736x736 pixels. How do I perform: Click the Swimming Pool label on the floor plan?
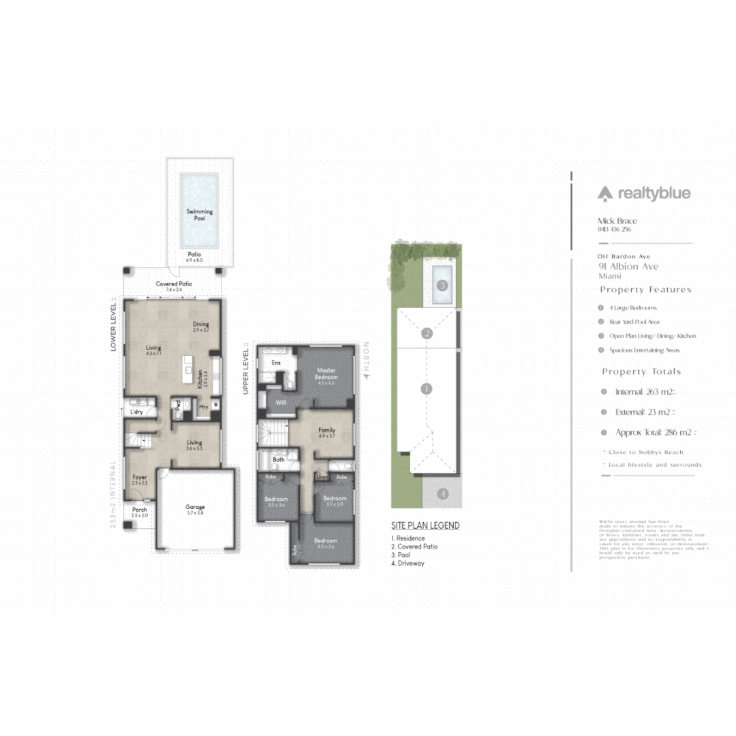pos(199,211)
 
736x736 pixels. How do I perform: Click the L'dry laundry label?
pos(136,412)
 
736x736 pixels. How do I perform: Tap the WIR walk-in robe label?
pos(280,403)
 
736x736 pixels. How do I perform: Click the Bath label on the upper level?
pos(279,460)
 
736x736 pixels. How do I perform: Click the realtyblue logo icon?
pos(605,194)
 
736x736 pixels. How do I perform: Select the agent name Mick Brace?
pos(617,221)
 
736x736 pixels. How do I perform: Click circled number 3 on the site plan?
pos(442,285)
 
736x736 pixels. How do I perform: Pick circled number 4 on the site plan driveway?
pos(442,493)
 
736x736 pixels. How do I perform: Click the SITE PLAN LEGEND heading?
pos(425,525)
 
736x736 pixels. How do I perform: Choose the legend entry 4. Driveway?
pos(408,564)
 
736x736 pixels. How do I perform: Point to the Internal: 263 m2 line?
pos(645,392)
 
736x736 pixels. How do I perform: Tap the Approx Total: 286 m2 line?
pos(656,432)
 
